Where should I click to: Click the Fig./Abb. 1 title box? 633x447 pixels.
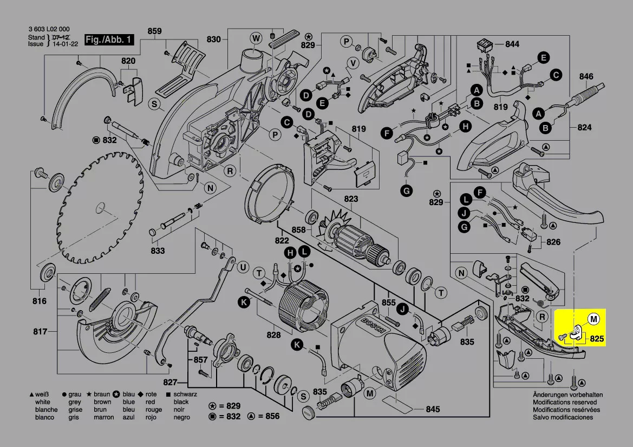pyautogui.click(x=109, y=41)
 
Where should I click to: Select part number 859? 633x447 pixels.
pyautogui.click(x=154, y=31)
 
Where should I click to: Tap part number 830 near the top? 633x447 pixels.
pyautogui.click(x=214, y=39)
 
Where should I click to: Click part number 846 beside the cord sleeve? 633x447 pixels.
pyautogui.click(x=586, y=77)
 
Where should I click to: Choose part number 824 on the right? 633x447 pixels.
pyautogui.click(x=584, y=128)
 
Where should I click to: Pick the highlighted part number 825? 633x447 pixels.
pyautogui.click(x=597, y=339)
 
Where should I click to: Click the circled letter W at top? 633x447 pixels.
pyautogui.click(x=256, y=37)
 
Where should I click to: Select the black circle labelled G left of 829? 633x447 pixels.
pyautogui.click(x=406, y=190)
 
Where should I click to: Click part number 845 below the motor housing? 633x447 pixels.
pyautogui.click(x=433, y=409)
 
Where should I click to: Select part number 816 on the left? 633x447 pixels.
pyautogui.click(x=39, y=301)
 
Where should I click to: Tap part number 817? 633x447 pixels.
pyautogui.click(x=39, y=331)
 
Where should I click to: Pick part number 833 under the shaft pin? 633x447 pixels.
pyautogui.click(x=158, y=251)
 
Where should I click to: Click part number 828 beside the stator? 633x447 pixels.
pyautogui.click(x=273, y=335)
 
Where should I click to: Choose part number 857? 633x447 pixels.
pyautogui.click(x=200, y=360)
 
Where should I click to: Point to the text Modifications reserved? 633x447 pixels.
pyautogui.click(x=565, y=402)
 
